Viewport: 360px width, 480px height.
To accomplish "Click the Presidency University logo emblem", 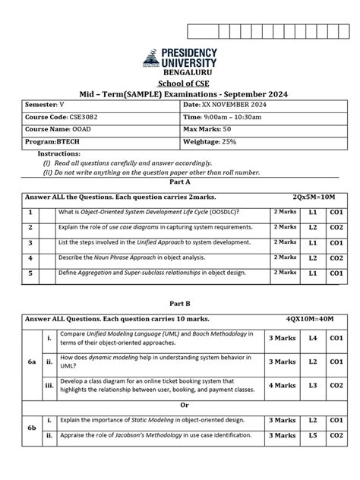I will [152, 59].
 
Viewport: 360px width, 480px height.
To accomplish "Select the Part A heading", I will [179, 183].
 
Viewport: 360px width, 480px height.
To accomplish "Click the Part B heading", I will [179, 302].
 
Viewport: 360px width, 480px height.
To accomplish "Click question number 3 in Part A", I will [30, 243].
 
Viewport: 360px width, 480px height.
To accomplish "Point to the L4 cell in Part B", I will [312, 337].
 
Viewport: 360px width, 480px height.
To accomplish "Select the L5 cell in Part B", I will [312, 435].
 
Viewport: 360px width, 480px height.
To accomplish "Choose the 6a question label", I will [33, 362].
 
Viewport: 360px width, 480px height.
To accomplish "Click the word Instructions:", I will [58, 153].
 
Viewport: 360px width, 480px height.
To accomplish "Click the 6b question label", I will [33, 428].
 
